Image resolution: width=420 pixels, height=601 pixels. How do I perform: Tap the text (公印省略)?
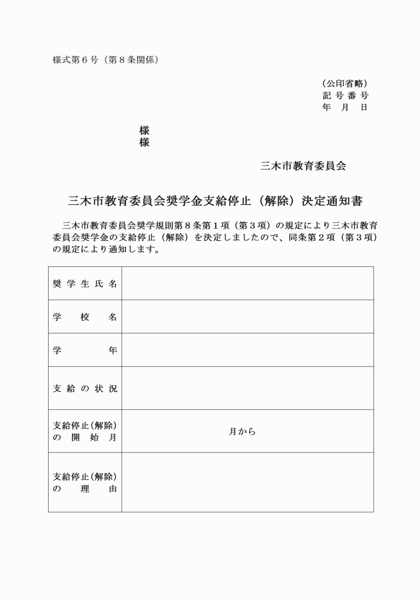tap(345, 83)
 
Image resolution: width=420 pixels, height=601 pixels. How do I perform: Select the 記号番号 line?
tap(345, 95)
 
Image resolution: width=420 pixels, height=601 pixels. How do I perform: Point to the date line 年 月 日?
tap(345, 107)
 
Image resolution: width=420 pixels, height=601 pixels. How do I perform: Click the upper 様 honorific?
tap(144, 130)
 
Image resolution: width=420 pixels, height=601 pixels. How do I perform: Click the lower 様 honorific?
tap(144, 142)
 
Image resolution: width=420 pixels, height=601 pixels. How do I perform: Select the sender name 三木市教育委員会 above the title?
tap(303, 166)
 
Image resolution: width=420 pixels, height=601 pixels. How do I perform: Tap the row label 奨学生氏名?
tap(85, 284)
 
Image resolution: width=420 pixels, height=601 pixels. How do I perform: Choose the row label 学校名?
tap(85, 317)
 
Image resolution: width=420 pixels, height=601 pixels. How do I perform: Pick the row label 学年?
tap(85, 350)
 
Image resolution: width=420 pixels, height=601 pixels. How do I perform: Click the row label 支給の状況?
tap(85, 388)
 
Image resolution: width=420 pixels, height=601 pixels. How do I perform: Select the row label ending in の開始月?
tap(85, 431)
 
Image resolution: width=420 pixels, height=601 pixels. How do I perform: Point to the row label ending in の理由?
tap(85, 483)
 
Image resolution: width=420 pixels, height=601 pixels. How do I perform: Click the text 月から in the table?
tap(242, 431)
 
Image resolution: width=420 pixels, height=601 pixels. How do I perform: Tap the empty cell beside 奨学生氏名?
tap(247, 284)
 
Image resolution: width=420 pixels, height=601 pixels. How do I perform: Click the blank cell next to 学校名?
tap(247, 317)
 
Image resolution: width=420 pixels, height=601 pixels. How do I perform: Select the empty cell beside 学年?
tap(247, 350)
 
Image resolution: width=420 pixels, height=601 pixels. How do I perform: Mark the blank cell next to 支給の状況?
tap(247, 388)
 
